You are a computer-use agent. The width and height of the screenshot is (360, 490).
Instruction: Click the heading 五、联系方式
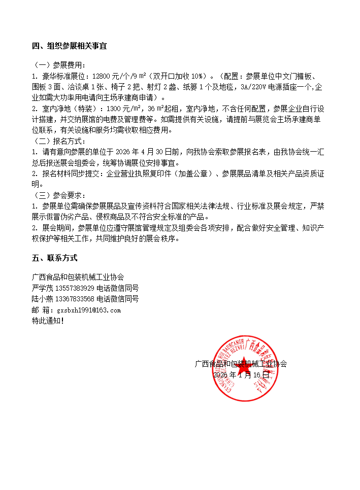[x=55, y=258]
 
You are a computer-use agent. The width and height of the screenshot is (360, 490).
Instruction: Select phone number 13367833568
[x=75, y=299]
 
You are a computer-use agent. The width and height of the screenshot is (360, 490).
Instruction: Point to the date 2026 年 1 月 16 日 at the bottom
[x=241, y=375]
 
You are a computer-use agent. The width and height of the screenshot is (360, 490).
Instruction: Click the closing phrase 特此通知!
[x=48, y=321]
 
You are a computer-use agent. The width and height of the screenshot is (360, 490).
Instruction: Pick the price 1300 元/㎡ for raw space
[x=124, y=109]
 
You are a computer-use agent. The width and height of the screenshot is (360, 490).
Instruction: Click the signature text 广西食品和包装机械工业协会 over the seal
[x=241, y=364]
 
